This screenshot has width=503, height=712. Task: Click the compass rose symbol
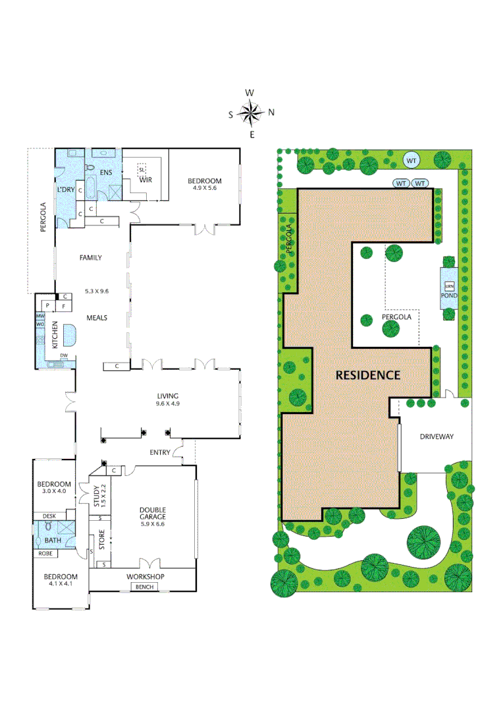pos(251,113)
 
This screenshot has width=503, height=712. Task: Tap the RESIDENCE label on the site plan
pos(368,375)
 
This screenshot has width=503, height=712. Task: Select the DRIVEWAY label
pos(437,436)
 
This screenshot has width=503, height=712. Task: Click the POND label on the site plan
pos(450,296)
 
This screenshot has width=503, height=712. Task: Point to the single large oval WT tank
pos(411,160)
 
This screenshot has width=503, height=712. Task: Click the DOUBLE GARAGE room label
pos(152,514)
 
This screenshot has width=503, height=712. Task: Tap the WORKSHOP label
pos(146,577)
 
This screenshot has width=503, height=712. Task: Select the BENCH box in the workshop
pos(143,587)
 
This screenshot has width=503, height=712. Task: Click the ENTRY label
pos(160,452)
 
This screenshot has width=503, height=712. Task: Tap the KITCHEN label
pos(55,335)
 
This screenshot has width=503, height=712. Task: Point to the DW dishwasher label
pos(64,356)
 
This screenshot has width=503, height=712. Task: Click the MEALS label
pos(96,318)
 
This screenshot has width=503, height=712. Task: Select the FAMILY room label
pos(91,258)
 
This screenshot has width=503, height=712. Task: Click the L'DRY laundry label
pos(66,190)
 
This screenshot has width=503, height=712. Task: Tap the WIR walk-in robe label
pos(146,179)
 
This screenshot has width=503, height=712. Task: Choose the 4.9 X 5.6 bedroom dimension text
pos(205,188)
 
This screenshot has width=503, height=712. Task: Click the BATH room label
pos(52,541)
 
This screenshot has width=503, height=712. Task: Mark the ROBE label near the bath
pos(45,553)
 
